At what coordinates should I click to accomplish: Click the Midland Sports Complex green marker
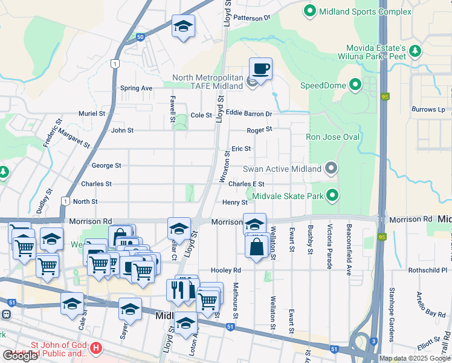tap(310, 11)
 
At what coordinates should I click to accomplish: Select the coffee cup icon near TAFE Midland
tap(260, 69)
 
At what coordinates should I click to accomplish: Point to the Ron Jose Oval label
tap(332, 137)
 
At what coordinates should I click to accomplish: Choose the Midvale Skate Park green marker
tap(332, 195)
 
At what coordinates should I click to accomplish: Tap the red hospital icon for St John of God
tap(95, 349)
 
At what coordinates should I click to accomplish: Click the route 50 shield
tap(140, 38)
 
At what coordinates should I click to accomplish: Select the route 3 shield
tap(374, 342)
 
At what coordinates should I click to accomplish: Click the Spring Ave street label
tap(136, 88)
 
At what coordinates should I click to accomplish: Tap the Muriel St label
tap(92, 113)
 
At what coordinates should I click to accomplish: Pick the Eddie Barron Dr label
tap(249, 113)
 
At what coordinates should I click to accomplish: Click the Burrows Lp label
tap(428, 110)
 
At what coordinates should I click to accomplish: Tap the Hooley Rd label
tap(226, 270)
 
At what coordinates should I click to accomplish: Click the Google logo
tap(20, 356)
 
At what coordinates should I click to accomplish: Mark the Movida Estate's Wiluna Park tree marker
tap(415, 52)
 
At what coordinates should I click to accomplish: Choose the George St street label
tap(106, 165)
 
